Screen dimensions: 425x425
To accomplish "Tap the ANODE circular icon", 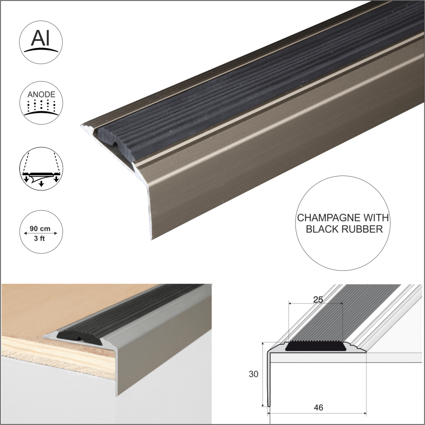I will pos(41,103).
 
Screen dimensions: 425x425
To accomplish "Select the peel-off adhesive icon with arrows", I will pos(41,168).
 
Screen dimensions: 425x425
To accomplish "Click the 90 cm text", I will pos(40,229).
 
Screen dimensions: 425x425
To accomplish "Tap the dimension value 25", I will pos(317,299).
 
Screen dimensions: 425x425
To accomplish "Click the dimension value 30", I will pos(254,374).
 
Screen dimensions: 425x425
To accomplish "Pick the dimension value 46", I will pos(317,408).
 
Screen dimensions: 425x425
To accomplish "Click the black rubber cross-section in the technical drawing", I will pos(315,346).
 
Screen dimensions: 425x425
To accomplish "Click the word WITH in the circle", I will pos(375,218).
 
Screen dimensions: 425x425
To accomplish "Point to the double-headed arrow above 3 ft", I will pos(41,234).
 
